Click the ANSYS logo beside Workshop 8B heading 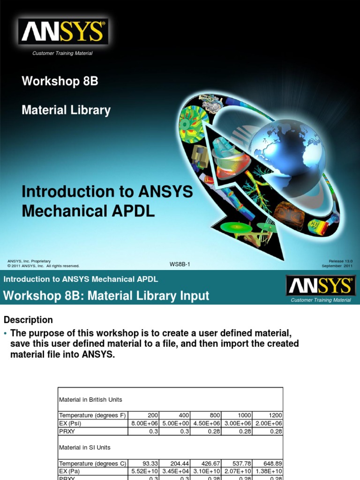click(320, 285)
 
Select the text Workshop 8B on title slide click(60, 81)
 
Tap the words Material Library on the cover click(66, 110)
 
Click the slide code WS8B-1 click(180, 264)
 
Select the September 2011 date click(337, 266)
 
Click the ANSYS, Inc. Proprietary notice click(29, 261)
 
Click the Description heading click(28, 320)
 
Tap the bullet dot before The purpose click(5, 333)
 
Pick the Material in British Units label click(90, 400)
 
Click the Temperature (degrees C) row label click(92, 463)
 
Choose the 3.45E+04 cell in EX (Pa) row click(175, 471)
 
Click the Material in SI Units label click(84, 448)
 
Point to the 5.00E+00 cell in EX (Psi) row click(175, 423)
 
